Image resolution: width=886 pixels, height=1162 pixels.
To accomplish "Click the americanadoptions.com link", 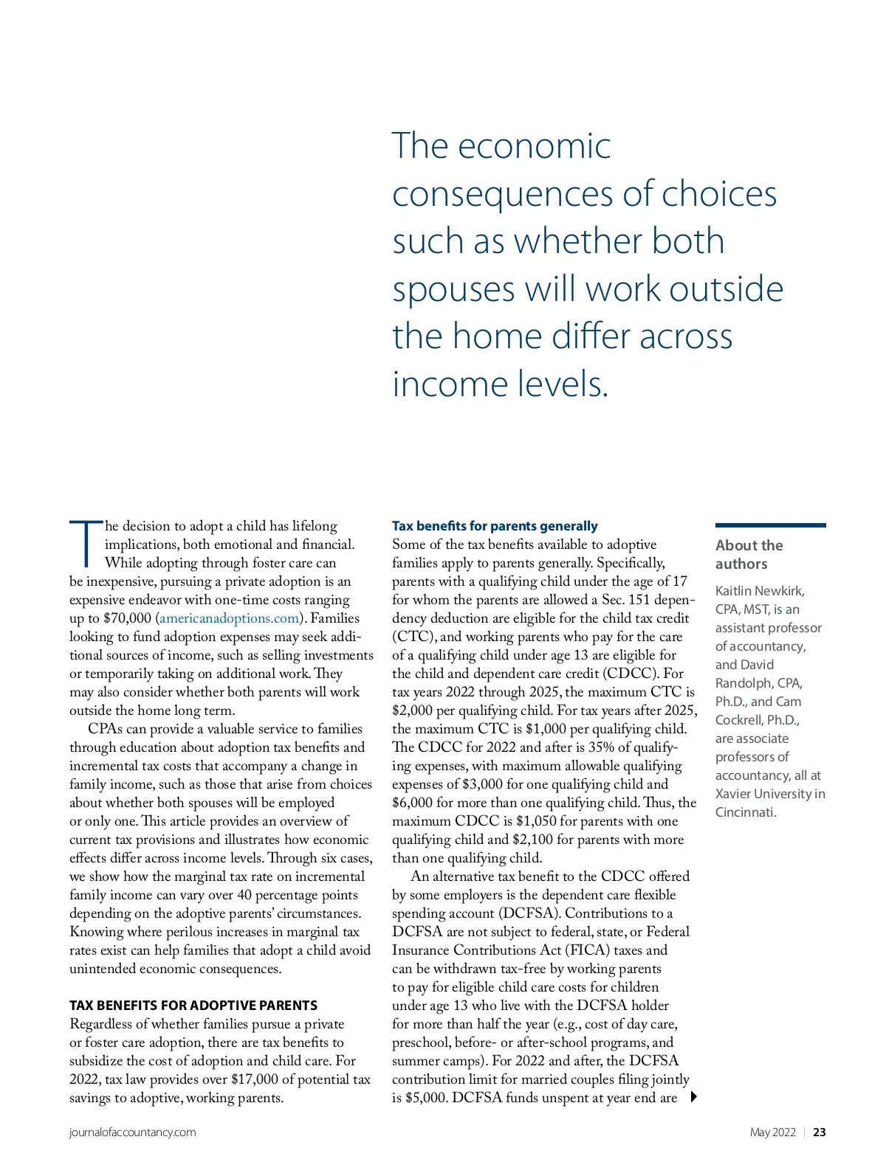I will [x=229, y=618].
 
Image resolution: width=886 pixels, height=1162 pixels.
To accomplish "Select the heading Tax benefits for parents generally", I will [x=495, y=526].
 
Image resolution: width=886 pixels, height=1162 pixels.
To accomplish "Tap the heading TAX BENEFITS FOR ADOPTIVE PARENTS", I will [x=193, y=1006].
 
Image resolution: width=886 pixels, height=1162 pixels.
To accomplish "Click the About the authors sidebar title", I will [x=749, y=554].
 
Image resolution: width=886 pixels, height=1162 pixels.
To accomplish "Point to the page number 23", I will [x=820, y=1132].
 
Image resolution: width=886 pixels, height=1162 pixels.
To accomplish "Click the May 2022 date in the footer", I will [x=772, y=1132].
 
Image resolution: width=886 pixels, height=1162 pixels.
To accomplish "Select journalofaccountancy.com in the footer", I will [x=133, y=1132].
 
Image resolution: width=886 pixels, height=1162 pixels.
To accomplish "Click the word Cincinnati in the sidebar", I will [x=744, y=812].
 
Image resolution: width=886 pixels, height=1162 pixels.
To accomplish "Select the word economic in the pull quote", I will [x=534, y=146].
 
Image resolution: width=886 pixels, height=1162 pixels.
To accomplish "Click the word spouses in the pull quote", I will [x=453, y=289].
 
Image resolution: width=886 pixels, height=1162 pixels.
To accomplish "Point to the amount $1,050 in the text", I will [x=536, y=821].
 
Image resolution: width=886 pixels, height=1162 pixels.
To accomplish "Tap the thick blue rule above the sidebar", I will [x=770, y=525].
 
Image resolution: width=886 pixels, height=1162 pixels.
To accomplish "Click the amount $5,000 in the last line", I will [x=426, y=1098].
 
